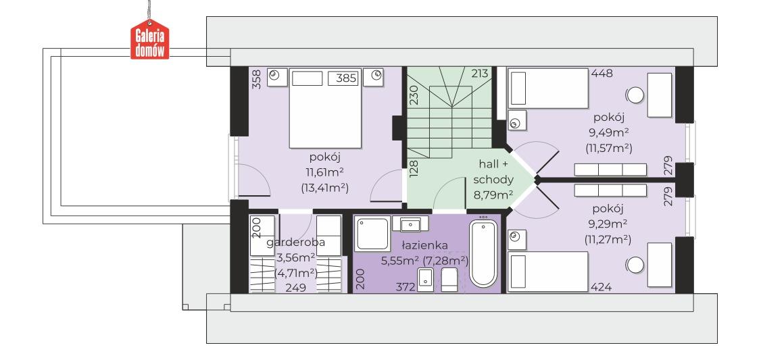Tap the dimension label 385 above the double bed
(x=346, y=78)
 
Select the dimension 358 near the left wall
(x=257, y=79)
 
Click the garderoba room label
(x=295, y=242)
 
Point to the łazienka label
(x=424, y=245)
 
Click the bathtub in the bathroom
(x=483, y=253)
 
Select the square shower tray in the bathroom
(x=372, y=234)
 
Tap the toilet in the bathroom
(x=449, y=280)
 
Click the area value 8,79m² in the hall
(x=493, y=195)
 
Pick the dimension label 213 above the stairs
(x=479, y=74)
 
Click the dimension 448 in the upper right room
(x=602, y=74)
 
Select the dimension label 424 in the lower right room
(x=601, y=287)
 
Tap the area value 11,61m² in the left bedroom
(x=324, y=172)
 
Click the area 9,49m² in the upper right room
(x=608, y=132)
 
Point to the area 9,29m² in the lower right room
(x=608, y=224)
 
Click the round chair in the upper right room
(x=635, y=95)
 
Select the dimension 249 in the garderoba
(x=295, y=288)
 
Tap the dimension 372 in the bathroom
(x=406, y=287)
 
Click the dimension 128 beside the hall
(x=414, y=170)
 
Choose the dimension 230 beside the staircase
(x=414, y=96)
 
